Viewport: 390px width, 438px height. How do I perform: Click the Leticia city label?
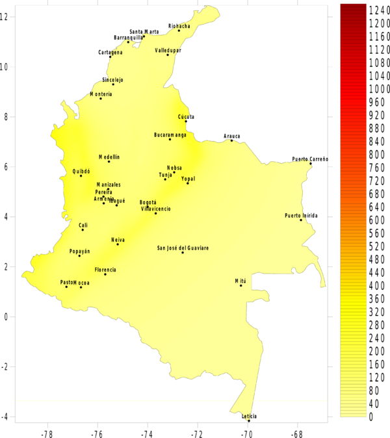pyautogui.click(x=250, y=416)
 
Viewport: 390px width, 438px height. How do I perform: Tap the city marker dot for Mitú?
pyautogui.click(x=240, y=285)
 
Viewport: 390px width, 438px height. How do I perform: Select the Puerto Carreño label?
pyautogui.click(x=310, y=159)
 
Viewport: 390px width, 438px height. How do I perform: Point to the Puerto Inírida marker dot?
pyautogui.click(x=301, y=220)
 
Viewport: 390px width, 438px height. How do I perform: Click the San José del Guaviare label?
pyautogui.click(x=183, y=248)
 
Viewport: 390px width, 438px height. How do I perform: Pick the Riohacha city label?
pyautogui.click(x=179, y=26)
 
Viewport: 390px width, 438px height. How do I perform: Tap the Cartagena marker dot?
pyautogui.click(x=110, y=57)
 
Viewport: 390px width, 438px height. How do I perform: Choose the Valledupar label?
pyautogui.click(x=168, y=50)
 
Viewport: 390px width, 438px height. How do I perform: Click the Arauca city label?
pyautogui.click(x=232, y=136)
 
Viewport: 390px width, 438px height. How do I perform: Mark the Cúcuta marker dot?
pyautogui.click(x=186, y=122)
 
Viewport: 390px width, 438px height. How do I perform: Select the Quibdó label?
pyautogui.click(x=82, y=172)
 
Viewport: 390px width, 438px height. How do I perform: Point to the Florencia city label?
pyautogui.click(x=105, y=270)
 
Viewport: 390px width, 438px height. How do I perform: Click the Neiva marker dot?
pyautogui.click(x=118, y=244)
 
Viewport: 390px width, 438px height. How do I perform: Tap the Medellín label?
pyautogui.click(x=109, y=157)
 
